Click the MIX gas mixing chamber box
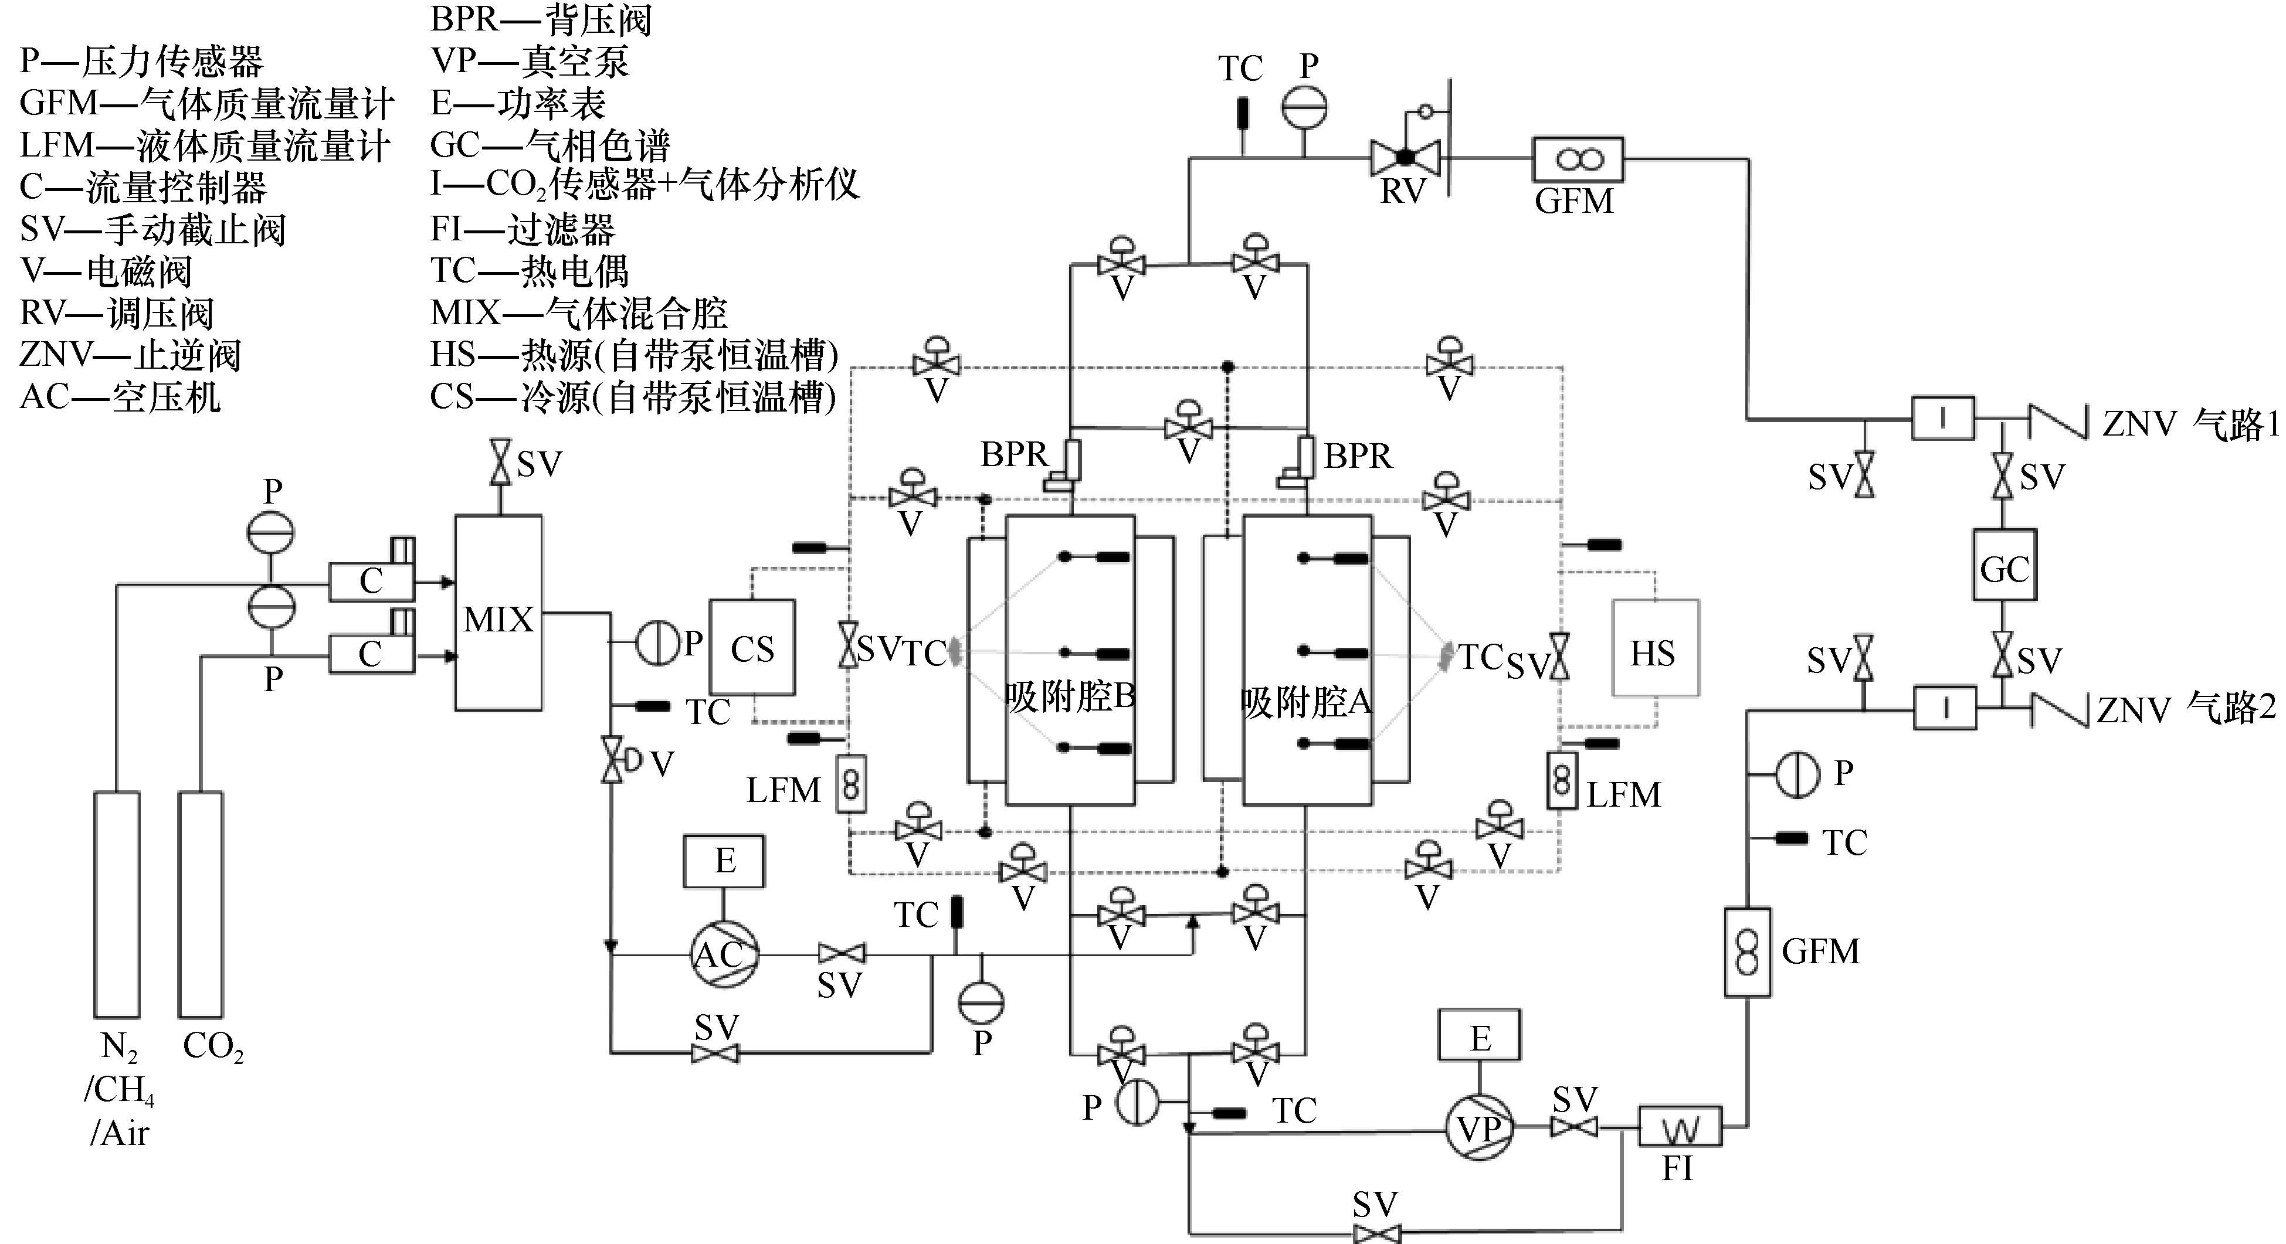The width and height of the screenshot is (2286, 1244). [x=498, y=612]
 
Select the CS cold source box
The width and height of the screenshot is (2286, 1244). [x=752, y=648]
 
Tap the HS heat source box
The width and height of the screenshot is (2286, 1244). [x=1655, y=648]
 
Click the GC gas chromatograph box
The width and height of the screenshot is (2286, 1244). [x=2004, y=565]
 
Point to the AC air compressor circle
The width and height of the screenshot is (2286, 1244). [x=724, y=955]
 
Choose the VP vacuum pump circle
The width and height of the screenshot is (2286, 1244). [x=1480, y=1128]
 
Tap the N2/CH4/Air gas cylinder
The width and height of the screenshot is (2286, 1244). [x=117, y=903]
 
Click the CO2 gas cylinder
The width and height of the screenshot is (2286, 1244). [x=201, y=903]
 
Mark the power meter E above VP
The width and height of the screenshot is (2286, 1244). [x=1480, y=1035]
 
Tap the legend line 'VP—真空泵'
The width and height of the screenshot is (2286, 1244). [x=530, y=61]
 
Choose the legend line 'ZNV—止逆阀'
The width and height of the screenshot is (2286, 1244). [x=130, y=355]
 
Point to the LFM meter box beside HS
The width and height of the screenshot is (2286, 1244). [x=1562, y=781]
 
